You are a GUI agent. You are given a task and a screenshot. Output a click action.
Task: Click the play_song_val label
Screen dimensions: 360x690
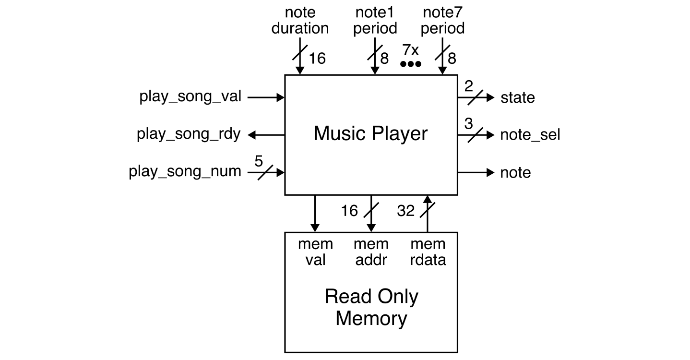[190, 97]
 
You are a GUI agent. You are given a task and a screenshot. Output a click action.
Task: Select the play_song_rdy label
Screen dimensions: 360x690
[189, 134]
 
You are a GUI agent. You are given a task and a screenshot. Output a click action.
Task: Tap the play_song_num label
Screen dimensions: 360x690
[185, 172]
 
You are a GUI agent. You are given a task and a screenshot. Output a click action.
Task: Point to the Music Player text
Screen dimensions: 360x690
[370, 133]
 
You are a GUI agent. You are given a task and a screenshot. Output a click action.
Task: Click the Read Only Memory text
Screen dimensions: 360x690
[371, 308]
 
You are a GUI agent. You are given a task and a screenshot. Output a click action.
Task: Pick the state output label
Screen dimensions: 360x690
[517, 98]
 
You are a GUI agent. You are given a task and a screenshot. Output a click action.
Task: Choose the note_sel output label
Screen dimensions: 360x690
[530, 135]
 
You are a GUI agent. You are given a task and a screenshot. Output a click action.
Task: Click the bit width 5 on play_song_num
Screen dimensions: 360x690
[259, 161]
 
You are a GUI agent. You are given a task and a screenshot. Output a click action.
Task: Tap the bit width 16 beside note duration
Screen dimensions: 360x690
[317, 59]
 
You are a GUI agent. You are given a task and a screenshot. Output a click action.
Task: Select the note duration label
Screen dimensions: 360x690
[300, 21]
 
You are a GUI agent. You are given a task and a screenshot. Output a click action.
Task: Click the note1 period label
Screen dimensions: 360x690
[375, 21]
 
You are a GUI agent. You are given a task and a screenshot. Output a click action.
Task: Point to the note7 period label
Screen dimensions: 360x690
[442, 21]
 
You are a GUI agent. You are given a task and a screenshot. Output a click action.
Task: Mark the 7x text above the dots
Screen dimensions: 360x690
[410, 50]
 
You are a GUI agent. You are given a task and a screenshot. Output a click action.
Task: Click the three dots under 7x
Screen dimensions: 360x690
[410, 64]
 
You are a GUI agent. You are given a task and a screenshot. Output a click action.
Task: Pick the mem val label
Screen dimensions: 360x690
[315, 252]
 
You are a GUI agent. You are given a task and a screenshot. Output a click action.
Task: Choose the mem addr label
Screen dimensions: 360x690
[371, 252]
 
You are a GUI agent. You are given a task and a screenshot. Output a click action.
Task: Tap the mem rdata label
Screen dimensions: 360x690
[428, 252]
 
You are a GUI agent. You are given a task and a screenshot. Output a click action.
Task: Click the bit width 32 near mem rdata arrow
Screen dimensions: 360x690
[406, 211]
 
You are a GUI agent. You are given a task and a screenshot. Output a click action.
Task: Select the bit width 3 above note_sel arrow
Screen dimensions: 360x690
[469, 124]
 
